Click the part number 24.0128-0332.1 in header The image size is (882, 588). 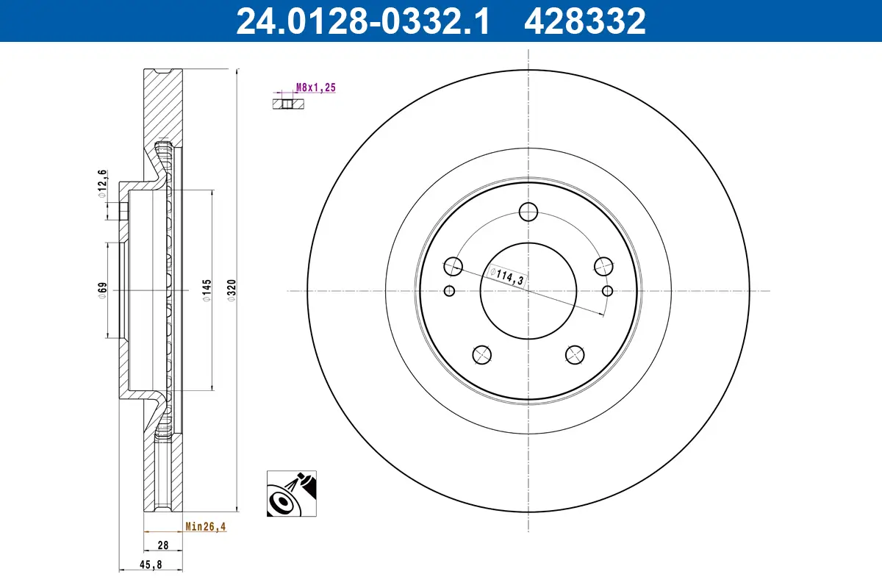pyautogui.click(x=362, y=21)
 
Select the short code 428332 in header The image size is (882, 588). pyautogui.click(x=584, y=21)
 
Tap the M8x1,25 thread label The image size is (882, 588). pyautogui.click(x=315, y=87)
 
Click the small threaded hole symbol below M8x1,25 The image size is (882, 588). pyautogui.click(x=288, y=104)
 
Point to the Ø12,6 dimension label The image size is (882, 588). pyautogui.click(x=103, y=184)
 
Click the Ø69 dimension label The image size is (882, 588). pyautogui.click(x=103, y=290)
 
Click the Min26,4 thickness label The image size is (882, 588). pyautogui.click(x=205, y=526)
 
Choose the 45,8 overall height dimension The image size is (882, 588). pyautogui.click(x=150, y=564)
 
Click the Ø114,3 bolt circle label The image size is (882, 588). pyautogui.click(x=506, y=276)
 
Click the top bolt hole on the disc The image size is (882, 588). pyautogui.click(x=528, y=212)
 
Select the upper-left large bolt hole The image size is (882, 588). pyautogui.click(x=453, y=266)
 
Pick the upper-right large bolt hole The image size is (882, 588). pyautogui.click(x=603, y=266)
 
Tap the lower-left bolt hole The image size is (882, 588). pyautogui.click(x=481, y=354)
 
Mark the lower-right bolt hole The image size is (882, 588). pyautogui.click(x=574, y=354)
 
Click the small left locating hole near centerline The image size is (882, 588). pyautogui.click(x=450, y=291)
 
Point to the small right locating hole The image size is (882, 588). pyautogui.click(x=606, y=291)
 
